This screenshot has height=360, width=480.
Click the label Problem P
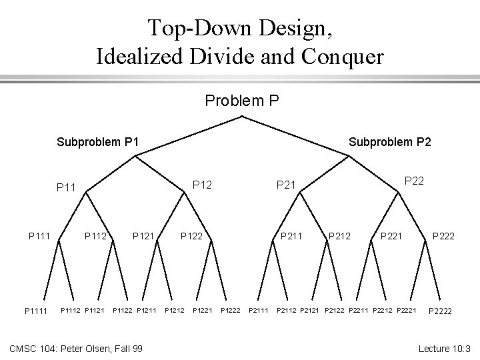(x=241, y=101)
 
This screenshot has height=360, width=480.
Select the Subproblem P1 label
(x=97, y=141)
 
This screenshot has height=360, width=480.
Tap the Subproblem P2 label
(x=390, y=141)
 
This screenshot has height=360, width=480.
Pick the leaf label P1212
(x=174, y=309)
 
